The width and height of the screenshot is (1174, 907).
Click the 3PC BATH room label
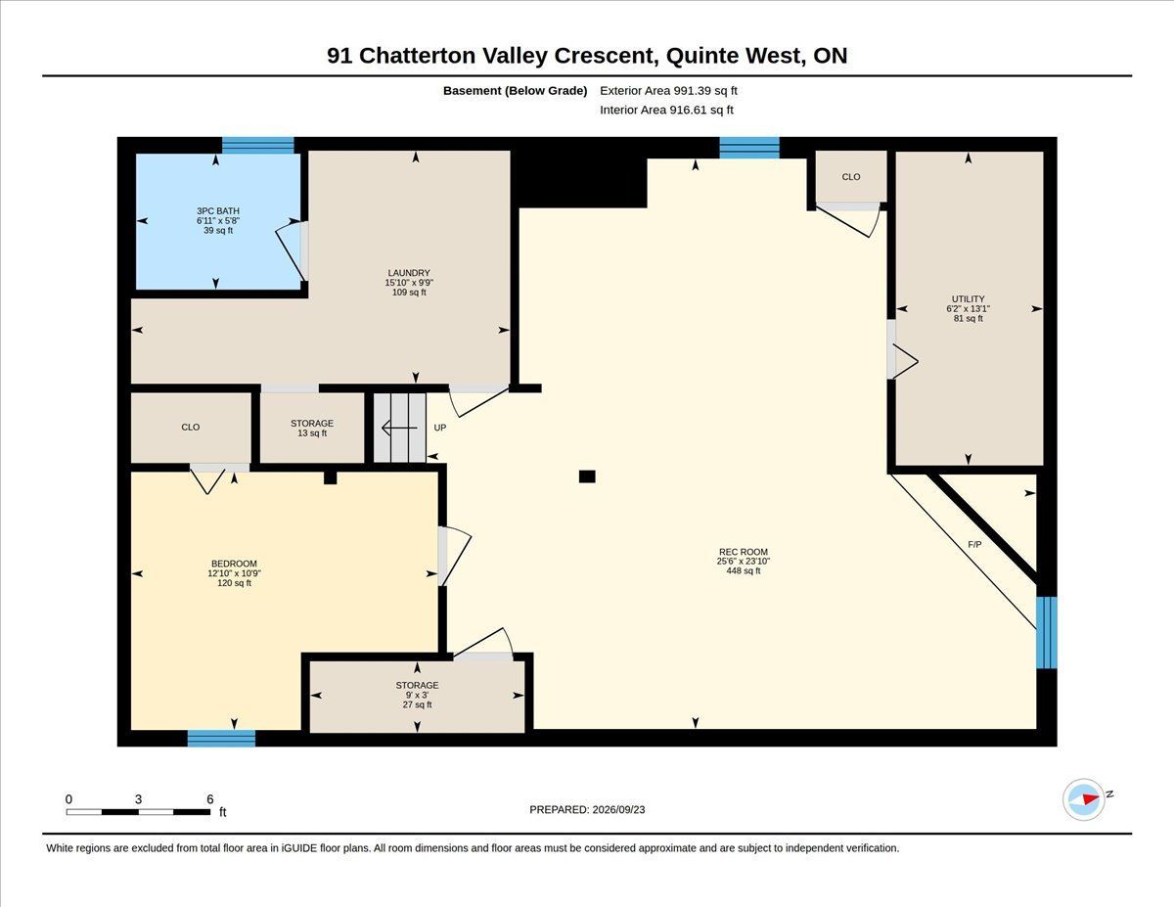[218, 210]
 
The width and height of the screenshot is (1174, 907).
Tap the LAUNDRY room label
[408, 273]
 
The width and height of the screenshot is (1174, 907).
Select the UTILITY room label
[969, 298]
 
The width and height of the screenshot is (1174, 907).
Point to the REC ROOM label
[743, 552]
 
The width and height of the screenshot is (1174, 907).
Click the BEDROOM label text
[234, 564]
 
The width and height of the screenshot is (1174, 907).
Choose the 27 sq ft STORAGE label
[417, 685]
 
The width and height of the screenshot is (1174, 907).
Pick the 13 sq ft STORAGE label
[312, 423]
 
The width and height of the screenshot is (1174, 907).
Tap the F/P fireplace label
[974, 545]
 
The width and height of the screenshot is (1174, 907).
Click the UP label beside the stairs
[440, 428]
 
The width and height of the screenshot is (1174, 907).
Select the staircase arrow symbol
[399, 428]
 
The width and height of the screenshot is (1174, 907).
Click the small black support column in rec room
[587, 476]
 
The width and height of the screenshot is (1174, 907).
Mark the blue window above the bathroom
[257, 146]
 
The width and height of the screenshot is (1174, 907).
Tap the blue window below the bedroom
[221, 738]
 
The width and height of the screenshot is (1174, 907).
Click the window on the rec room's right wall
[1046, 632]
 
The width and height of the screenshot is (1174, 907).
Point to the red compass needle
[1091, 799]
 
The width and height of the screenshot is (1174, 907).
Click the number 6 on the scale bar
[209, 799]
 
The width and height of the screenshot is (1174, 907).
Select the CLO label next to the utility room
[851, 177]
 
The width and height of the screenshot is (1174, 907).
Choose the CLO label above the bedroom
[190, 427]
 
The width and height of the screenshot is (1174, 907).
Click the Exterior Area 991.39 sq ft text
[668, 91]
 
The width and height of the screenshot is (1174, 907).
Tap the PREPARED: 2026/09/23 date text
[587, 809]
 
